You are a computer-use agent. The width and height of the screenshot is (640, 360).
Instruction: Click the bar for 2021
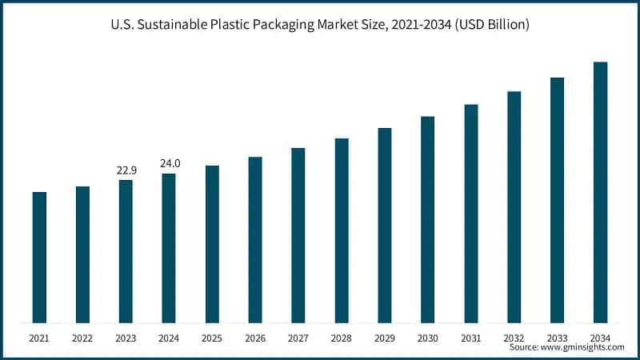coord(39,258)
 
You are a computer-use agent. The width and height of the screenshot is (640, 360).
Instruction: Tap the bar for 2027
coord(298,235)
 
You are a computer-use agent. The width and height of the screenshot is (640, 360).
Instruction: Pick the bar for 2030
coord(428,220)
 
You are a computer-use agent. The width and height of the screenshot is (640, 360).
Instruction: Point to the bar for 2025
coord(212,244)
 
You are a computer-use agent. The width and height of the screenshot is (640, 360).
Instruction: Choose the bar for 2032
coord(514,207)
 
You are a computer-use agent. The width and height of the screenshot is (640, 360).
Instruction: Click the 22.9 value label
coord(126,170)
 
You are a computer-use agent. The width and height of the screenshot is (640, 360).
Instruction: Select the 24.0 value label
coord(170,163)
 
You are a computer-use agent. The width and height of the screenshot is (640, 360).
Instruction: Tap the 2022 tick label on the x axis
coord(82,338)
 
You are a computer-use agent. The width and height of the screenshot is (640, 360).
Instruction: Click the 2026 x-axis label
coord(255,338)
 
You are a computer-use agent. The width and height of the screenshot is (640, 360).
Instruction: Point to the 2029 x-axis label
coord(385,338)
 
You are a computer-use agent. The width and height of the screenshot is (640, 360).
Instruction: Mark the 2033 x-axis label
coord(557,338)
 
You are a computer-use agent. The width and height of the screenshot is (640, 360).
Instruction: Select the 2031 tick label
coord(471,338)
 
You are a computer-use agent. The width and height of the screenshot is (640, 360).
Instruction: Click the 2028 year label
coord(342,338)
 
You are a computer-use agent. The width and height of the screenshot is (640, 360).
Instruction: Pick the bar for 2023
coord(126,251)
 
